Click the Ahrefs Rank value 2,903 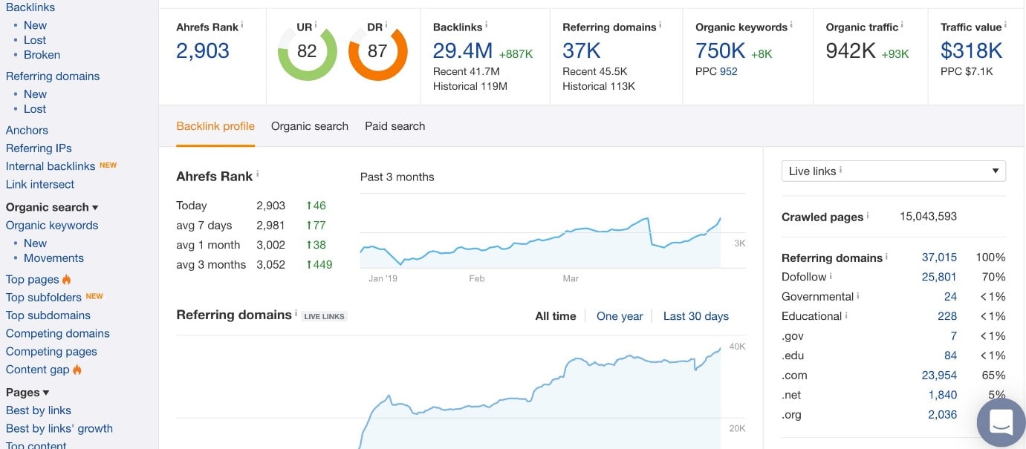click(x=202, y=51)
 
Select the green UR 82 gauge click(x=307, y=52)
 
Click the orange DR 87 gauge click(x=377, y=52)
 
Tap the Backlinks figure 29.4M click(x=462, y=51)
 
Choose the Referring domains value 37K click(x=581, y=51)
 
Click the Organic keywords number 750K click(x=720, y=51)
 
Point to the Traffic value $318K click(x=971, y=51)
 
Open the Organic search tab click(x=309, y=126)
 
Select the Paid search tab click(x=395, y=126)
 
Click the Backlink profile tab click(x=215, y=126)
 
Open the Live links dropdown click(x=893, y=171)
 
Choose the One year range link click(x=620, y=316)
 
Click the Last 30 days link click(x=695, y=316)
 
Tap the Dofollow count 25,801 click(x=939, y=277)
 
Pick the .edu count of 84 click(x=950, y=355)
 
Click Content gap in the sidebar click(x=38, y=370)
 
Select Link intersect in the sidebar click(x=40, y=184)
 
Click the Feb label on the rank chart click(x=476, y=279)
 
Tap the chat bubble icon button click(x=1001, y=422)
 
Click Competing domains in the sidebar click(x=58, y=333)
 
